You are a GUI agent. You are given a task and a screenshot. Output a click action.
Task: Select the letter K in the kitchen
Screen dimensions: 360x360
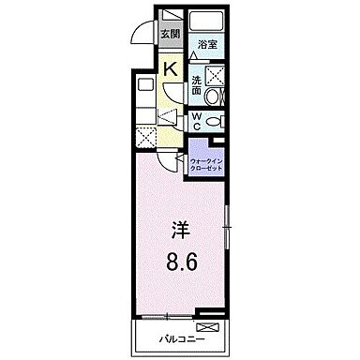coord(171,68)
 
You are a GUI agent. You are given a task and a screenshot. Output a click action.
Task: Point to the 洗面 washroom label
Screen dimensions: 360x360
coord(196,84)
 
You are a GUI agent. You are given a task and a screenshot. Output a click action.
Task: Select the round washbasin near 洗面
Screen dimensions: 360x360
coord(213,97)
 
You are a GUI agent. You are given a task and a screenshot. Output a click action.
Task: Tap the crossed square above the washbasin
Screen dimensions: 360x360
coord(215,76)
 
